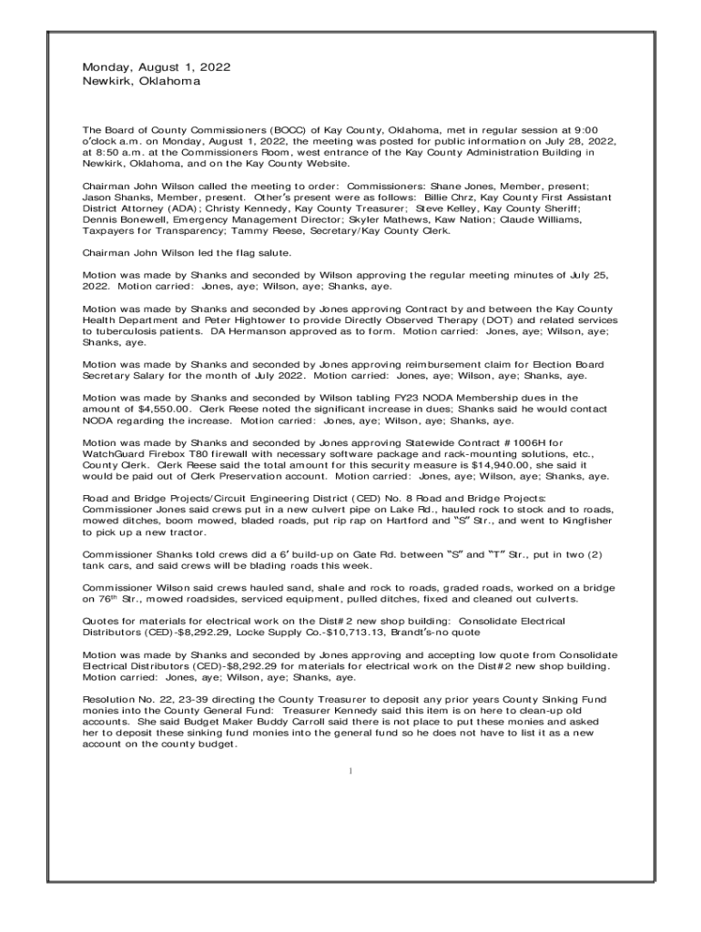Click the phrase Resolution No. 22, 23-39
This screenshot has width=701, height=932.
pyautogui.click(x=144, y=698)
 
